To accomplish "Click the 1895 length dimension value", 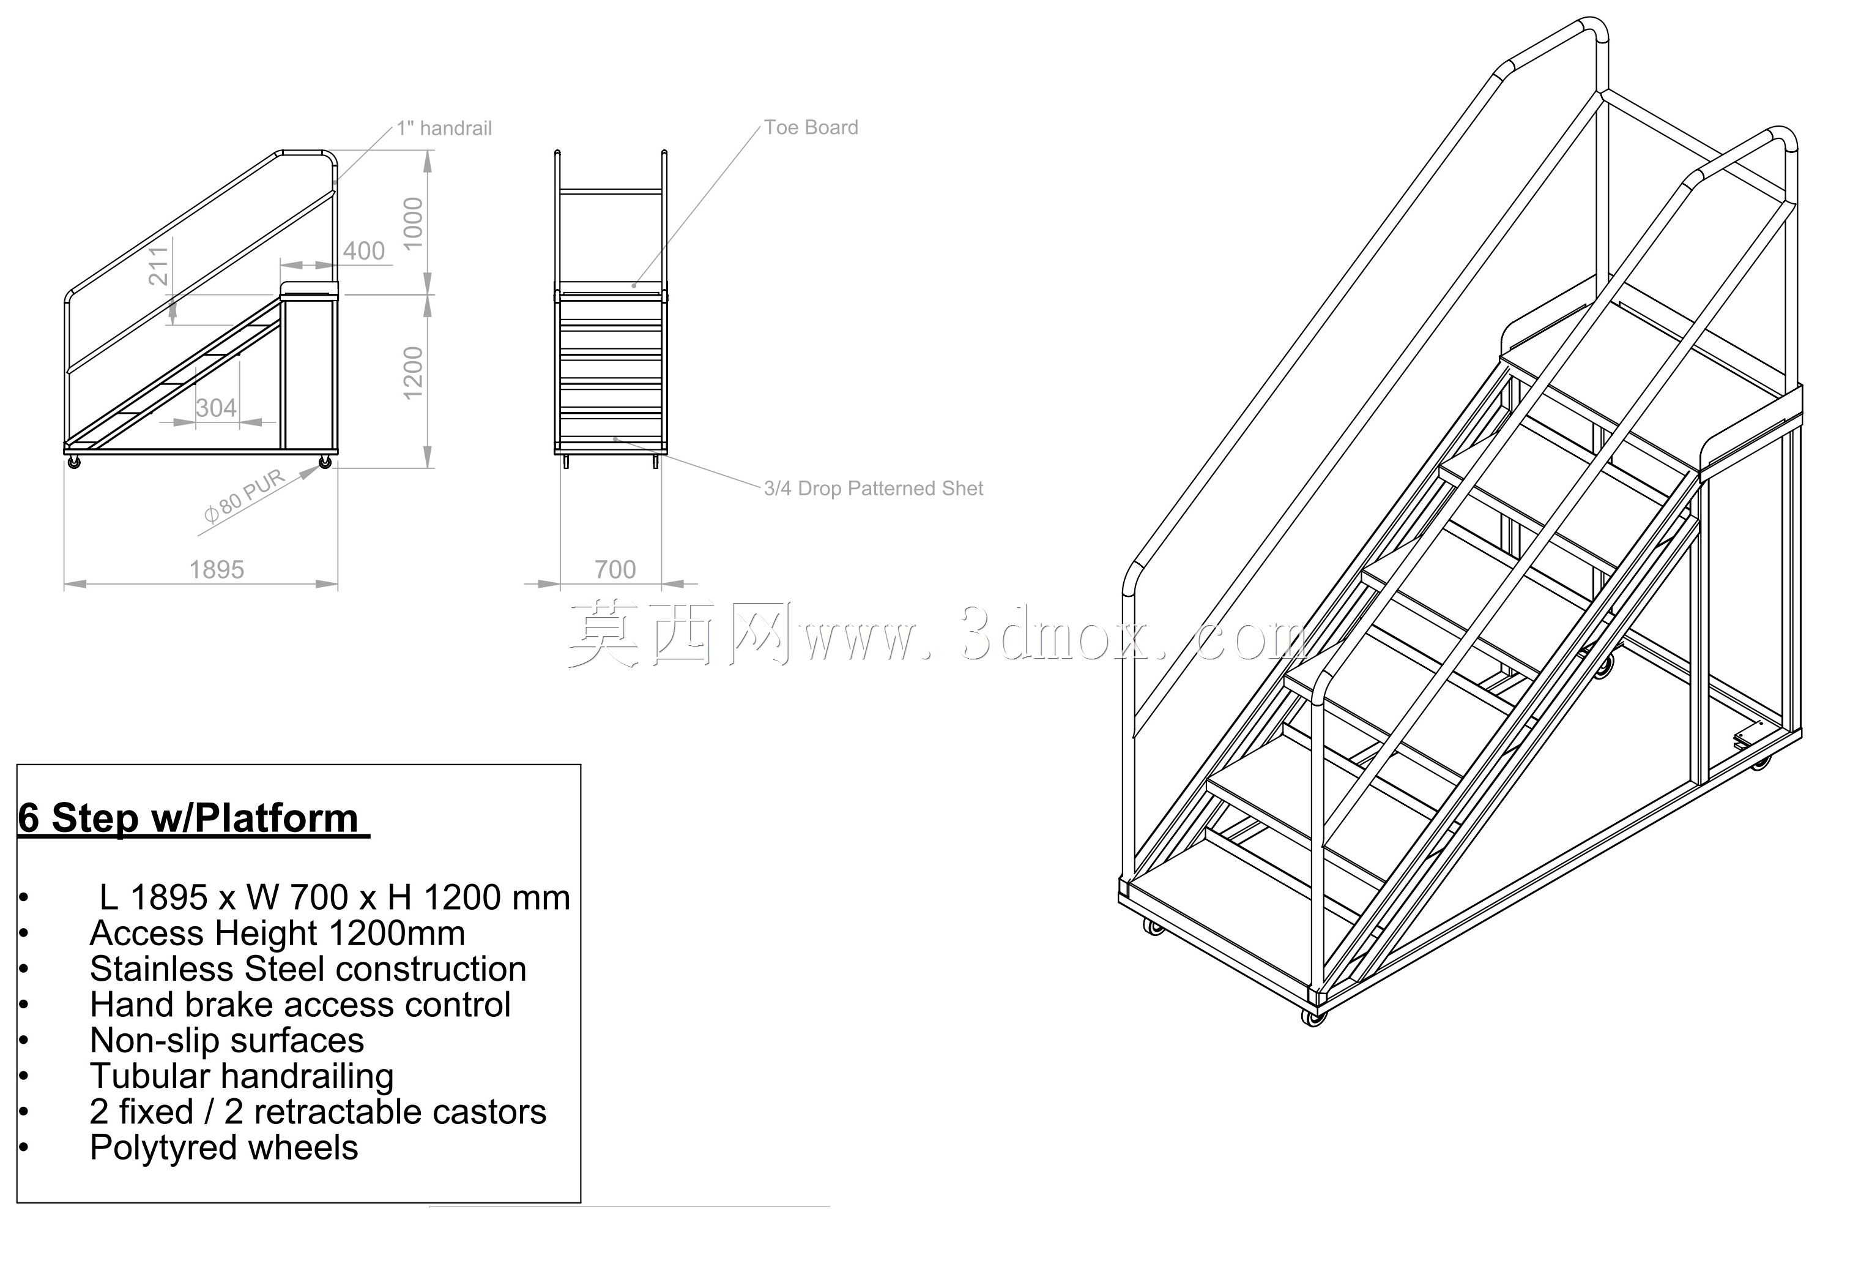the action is (216, 570).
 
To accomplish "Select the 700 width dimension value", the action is (615, 570).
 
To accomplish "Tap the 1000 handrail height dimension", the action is (412, 223).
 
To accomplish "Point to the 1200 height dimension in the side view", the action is (412, 372).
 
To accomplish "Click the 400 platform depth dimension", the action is (363, 250).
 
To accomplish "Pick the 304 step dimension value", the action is (216, 408).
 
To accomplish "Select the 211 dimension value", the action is (158, 266).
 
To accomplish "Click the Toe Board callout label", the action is (811, 127).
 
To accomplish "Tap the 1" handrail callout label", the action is (444, 128).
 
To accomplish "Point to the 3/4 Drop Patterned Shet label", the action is (873, 489).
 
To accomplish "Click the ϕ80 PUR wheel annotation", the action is (244, 496).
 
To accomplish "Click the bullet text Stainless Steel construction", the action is (308, 968).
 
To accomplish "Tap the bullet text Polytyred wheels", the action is (224, 1147).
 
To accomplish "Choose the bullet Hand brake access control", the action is (300, 1005).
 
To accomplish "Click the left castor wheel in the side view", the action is (75, 463).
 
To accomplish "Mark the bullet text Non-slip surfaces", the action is (226, 1040).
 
